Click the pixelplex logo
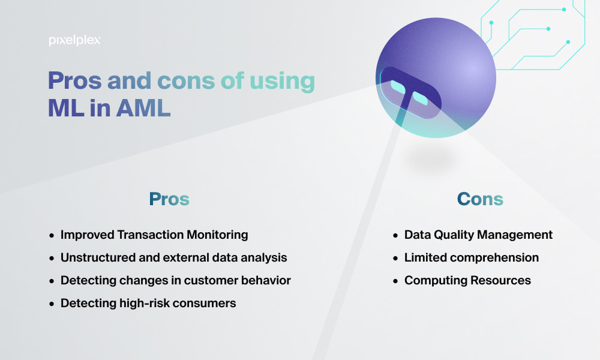(74, 40)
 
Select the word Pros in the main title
(74, 81)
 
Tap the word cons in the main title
(186, 81)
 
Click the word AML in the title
(143, 108)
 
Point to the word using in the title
(283, 82)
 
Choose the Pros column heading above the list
(169, 199)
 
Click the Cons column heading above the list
(480, 199)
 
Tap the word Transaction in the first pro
(150, 235)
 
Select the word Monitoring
(217, 235)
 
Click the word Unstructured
(98, 257)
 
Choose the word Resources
(500, 280)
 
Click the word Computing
(436, 281)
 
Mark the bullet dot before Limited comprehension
(395, 259)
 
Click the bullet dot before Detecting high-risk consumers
(52, 304)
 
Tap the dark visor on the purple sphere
(410, 92)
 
